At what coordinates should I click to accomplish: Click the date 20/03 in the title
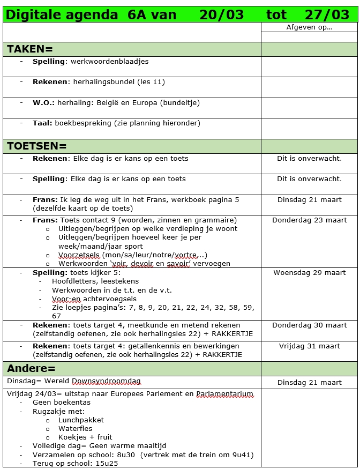pyautogui.click(x=221, y=15)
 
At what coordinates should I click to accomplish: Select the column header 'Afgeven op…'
pyautogui.click(x=309, y=27)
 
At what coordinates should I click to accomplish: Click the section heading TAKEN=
pyautogui.click(x=30, y=49)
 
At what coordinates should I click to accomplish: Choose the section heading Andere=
pyautogui.click(x=31, y=369)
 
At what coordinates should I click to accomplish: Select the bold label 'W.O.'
pyautogui.click(x=44, y=102)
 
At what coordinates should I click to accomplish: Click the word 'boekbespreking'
pyautogui.click(x=84, y=123)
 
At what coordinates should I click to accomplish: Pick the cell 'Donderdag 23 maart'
pyautogui.click(x=309, y=220)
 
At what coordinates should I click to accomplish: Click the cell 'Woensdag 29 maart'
pyautogui.click(x=309, y=273)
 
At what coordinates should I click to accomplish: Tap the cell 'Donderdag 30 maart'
pyautogui.click(x=309, y=325)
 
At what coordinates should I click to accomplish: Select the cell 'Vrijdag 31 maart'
pyautogui.click(x=309, y=346)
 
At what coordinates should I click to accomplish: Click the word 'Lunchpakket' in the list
pyautogui.click(x=81, y=420)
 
